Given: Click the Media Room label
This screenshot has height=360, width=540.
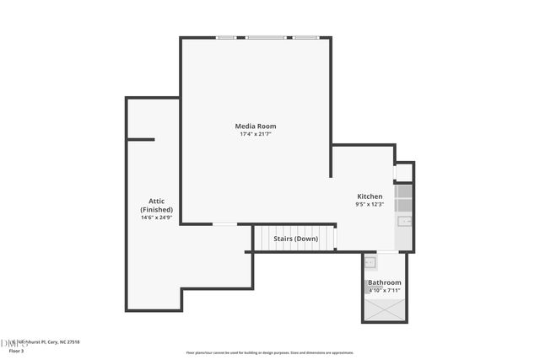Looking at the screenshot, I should [256, 126].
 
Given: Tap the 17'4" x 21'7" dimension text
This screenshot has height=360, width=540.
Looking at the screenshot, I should [256, 134].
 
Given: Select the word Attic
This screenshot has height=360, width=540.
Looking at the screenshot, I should [156, 201].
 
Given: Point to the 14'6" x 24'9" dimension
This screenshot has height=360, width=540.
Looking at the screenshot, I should [156, 218].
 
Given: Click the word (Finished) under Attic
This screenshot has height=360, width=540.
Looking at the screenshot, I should [156, 209].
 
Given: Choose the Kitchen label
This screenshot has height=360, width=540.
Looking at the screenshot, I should [370, 196].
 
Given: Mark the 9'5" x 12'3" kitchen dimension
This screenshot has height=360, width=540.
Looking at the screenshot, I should [370, 204].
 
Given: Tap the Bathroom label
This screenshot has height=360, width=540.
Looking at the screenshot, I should [384, 282].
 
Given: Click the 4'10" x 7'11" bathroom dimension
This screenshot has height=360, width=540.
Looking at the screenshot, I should [384, 290].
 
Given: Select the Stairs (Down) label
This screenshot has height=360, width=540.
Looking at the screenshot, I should [295, 239].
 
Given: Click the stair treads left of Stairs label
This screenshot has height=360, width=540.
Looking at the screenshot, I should [263, 239].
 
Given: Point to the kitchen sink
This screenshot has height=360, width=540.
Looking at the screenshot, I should [404, 222].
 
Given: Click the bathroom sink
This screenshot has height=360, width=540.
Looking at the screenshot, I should [370, 262].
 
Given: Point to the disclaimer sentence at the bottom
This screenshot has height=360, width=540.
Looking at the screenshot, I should [270, 352].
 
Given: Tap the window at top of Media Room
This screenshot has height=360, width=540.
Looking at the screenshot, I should [268, 37].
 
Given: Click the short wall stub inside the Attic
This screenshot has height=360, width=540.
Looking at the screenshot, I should [140, 139].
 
